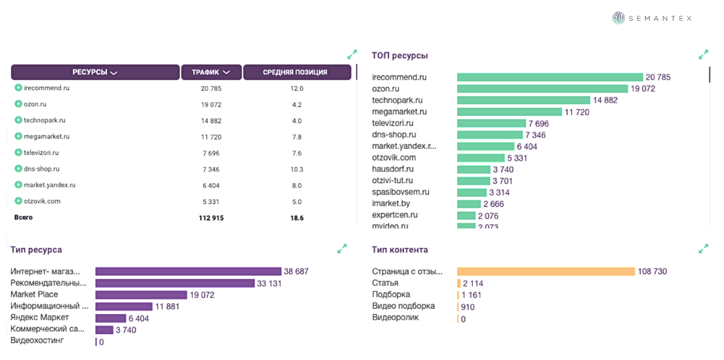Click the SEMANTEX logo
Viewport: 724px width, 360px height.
[x=651, y=18]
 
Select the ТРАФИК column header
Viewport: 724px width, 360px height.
[x=211, y=72]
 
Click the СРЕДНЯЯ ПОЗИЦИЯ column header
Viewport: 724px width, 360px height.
[x=297, y=72]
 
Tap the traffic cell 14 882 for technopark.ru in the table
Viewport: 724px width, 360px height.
[x=211, y=121]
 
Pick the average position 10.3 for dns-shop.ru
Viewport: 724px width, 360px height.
[x=297, y=170]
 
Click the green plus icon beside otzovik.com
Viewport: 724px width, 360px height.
[x=18, y=201]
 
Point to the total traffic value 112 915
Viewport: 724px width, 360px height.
[x=211, y=218]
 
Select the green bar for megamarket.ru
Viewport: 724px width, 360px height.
[x=509, y=112]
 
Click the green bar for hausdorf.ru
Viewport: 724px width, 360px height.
[x=473, y=170]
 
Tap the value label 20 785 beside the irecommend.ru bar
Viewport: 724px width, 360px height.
[x=658, y=78]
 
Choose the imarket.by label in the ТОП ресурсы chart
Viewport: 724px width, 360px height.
[x=391, y=204]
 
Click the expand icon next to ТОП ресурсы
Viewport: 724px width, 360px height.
[x=703, y=54]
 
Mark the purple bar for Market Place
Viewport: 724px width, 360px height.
[x=141, y=295]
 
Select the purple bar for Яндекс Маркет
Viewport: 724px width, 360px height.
[x=111, y=318]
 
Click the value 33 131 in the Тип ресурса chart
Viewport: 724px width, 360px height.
[x=269, y=283]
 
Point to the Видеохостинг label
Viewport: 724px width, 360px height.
[x=37, y=341]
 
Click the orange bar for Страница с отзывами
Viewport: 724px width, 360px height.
[x=546, y=271]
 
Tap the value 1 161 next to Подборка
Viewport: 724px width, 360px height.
[x=472, y=295]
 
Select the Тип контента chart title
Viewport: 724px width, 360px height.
[x=399, y=250]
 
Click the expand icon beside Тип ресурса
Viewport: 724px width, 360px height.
[x=342, y=249]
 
